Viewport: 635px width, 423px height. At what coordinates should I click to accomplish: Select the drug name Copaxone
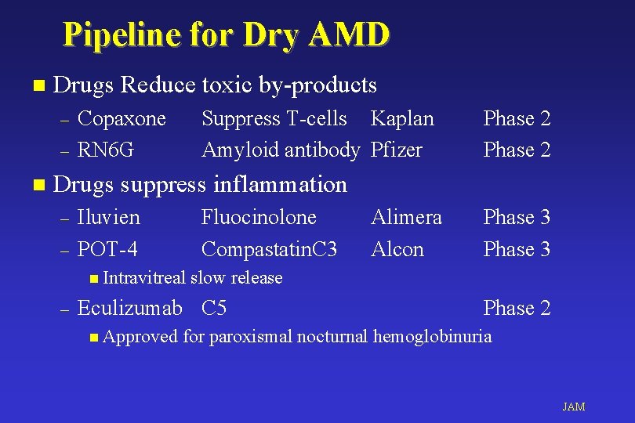pos(122,118)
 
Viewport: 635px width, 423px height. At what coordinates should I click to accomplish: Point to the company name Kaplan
pos(402,118)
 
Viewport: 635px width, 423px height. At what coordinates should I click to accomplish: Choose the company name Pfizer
pos(397,149)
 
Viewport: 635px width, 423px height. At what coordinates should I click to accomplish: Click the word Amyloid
pos(234,149)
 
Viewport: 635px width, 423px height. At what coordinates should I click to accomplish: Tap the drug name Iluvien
pos(109,217)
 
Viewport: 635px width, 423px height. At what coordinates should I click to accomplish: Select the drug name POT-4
pos(108,249)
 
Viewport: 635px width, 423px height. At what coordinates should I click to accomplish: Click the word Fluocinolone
pos(259,217)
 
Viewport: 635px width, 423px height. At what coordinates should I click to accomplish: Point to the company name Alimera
pos(406,217)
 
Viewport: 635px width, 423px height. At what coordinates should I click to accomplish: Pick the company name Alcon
pos(397,249)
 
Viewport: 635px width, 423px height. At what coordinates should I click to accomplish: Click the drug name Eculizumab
pos(130,308)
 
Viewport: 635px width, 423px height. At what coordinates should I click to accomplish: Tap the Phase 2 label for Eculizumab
pos(517,308)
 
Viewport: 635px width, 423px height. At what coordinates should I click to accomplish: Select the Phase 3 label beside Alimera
pos(517,217)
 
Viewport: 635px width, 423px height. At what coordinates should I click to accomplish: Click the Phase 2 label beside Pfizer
pos(517,149)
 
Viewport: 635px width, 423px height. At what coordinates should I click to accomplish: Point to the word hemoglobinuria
pos(433,337)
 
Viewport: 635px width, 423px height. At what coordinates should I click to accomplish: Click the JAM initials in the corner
pos(574,407)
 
